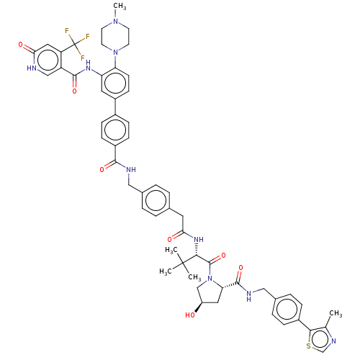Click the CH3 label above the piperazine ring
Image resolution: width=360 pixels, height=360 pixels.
(x=120, y=6)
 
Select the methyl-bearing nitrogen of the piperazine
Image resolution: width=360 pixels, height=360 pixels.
(x=116, y=21)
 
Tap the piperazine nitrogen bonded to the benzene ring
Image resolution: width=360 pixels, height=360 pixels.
(x=116, y=52)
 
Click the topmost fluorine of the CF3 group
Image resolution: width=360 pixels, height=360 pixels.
(x=67, y=31)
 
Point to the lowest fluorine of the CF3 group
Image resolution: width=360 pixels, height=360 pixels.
(x=83, y=58)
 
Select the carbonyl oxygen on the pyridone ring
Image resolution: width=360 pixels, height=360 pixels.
(x=21, y=45)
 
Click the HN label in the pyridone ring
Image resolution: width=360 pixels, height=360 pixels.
(x=32, y=68)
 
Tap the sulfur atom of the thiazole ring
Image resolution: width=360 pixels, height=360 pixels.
(x=309, y=346)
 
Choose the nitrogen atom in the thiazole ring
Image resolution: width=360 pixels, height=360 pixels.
(x=333, y=341)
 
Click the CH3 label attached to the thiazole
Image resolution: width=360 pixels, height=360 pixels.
(x=336, y=313)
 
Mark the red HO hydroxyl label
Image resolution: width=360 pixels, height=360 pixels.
(x=190, y=315)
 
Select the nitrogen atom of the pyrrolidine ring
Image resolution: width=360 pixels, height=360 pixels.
(x=210, y=279)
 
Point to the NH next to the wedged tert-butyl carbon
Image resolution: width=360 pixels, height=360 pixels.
(x=199, y=239)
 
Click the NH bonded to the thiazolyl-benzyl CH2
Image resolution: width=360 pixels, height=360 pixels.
(x=249, y=295)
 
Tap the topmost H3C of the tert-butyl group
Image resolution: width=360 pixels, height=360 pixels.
(x=171, y=250)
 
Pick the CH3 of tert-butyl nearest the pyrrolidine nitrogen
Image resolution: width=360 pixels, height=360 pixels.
(x=194, y=277)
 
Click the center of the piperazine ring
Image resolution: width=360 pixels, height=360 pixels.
(x=115, y=37)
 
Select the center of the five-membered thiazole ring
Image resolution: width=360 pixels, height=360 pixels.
(x=321, y=339)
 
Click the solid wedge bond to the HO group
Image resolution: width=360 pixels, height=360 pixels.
(x=199, y=307)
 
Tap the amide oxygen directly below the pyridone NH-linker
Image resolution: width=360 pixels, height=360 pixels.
(x=75, y=91)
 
